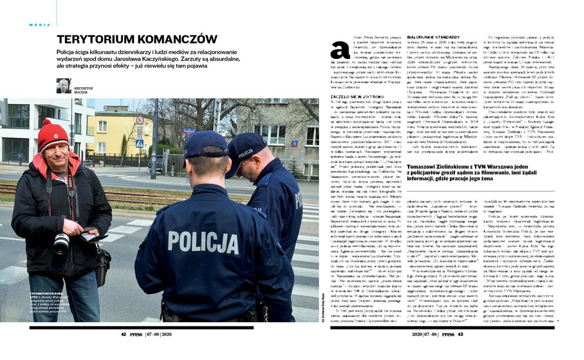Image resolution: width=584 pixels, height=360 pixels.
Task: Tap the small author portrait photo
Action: point(64,86)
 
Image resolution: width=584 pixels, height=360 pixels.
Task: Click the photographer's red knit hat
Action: point(54,135)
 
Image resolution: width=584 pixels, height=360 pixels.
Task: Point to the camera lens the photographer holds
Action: point(61,242)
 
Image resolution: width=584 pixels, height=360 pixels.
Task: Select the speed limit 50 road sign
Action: point(140,120)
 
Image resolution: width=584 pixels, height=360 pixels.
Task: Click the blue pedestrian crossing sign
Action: point(140,143)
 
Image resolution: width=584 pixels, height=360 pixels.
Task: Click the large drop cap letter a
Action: point(339,51)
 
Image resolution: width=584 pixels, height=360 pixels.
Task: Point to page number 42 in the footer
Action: point(124,334)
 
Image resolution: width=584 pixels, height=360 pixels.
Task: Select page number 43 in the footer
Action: point(460,334)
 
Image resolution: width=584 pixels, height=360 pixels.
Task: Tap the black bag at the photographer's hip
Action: point(104,260)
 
